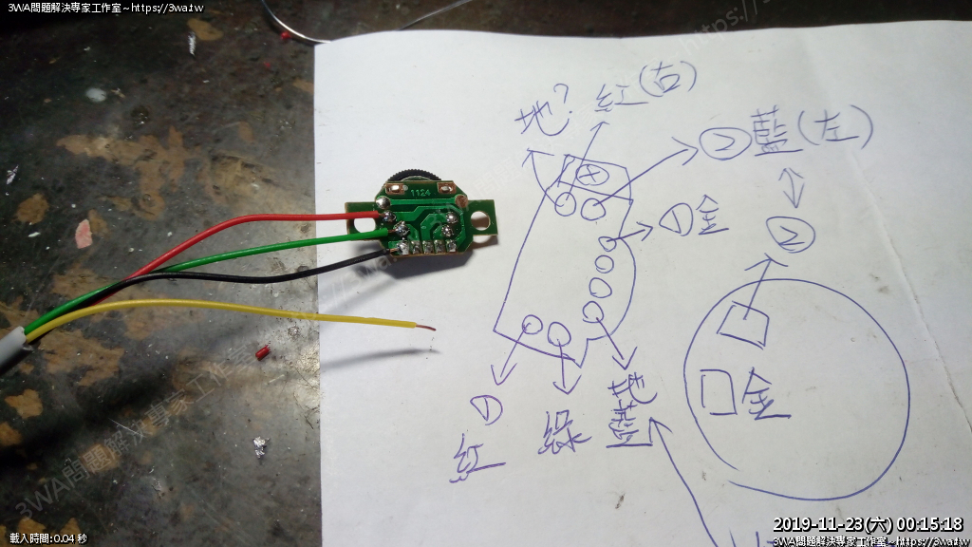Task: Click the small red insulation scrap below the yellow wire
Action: tap(263, 353)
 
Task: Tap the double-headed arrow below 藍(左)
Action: tap(795, 189)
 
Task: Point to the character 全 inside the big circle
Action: tap(765, 393)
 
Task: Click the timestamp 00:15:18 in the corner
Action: tap(930, 524)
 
